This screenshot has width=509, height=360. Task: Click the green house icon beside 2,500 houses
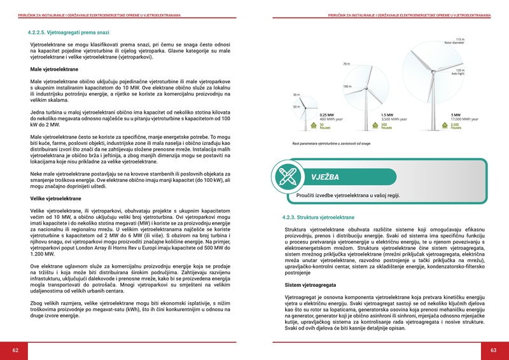click(x=443, y=126)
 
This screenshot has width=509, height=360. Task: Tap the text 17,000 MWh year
click(x=464, y=120)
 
